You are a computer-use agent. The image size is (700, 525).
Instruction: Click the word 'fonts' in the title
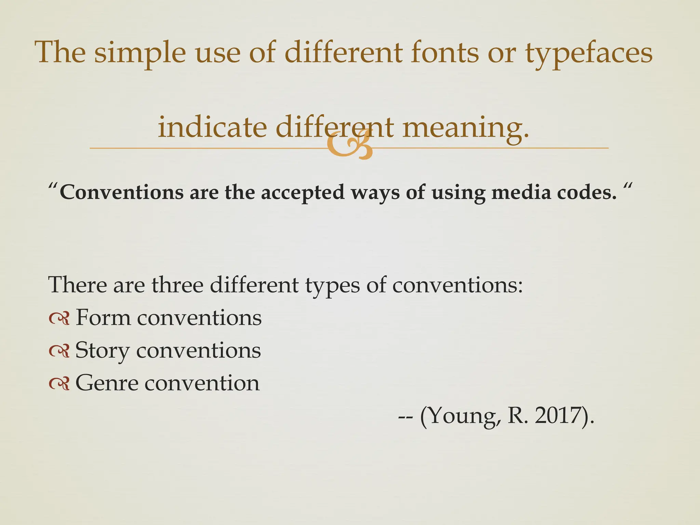tap(445, 53)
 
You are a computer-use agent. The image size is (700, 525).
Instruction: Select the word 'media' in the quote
tap(521, 192)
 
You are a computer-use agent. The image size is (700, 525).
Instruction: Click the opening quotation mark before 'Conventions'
tap(53, 188)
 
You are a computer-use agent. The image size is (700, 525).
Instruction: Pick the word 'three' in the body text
tap(177, 284)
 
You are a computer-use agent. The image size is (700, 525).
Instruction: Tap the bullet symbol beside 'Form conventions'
tap(59, 319)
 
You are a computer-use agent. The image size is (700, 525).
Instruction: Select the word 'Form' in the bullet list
tap(103, 317)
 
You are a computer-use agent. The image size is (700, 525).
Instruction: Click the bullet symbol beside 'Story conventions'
tap(59, 351)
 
